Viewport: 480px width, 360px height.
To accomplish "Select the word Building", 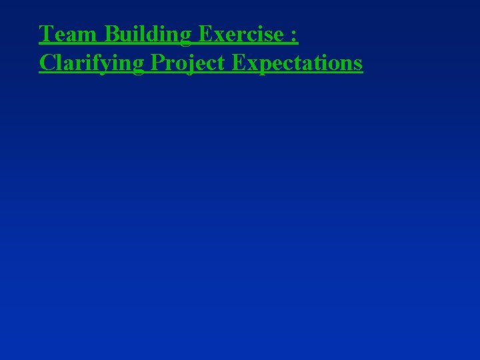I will pyautogui.click(x=147, y=33).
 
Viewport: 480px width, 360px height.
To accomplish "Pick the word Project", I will pyautogui.click(x=188, y=63).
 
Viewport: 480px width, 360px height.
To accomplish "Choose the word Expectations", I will pyautogui.click(x=297, y=63).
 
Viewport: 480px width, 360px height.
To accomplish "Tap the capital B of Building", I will pyautogui.click(x=111, y=33).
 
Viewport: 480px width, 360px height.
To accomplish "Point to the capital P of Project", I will pyautogui.click(x=158, y=63).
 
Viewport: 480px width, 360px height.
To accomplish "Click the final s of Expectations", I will pyautogui.click(x=358, y=65).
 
